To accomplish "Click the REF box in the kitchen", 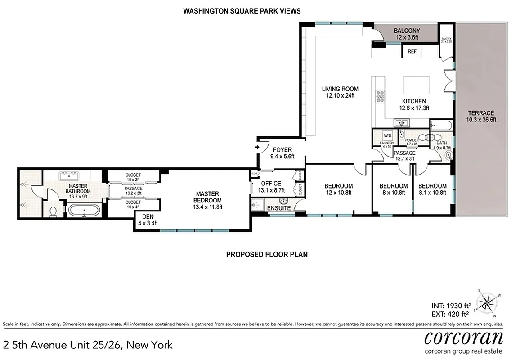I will click(x=412, y=52).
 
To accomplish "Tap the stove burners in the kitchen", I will click(x=380, y=98).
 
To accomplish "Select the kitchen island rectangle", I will click(x=417, y=85).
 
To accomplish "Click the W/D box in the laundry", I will click(x=387, y=135).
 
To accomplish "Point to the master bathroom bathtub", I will click(x=84, y=210).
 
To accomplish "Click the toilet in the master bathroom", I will click(x=53, y=211).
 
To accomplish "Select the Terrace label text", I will click(x=480, y=113).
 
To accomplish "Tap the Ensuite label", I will click(x=279, y=208).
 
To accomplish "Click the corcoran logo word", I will click(x=464, y=337).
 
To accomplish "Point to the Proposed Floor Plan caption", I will click(x=266, y=254).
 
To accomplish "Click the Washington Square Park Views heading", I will click(x=242, y=10).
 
